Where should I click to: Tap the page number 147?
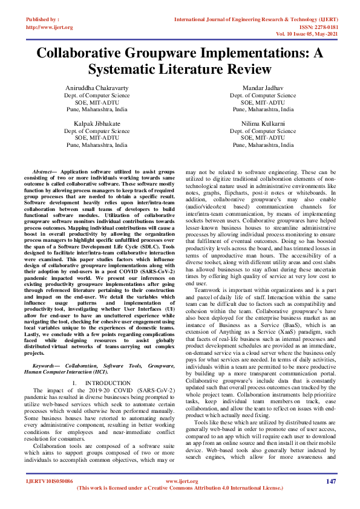(330, 481)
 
